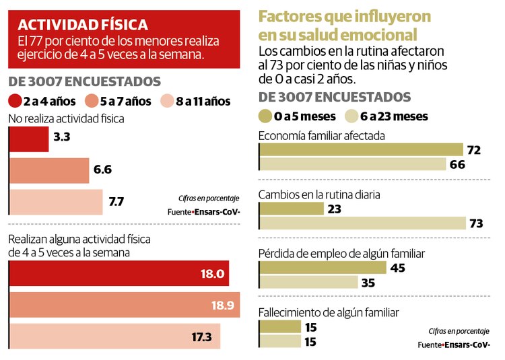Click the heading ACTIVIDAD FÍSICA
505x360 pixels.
[84, 25]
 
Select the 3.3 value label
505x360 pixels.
[61, 137]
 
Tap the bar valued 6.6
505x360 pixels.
[48, 170]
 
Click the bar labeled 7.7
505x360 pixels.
[55, 201]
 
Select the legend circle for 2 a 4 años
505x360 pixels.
[14, 102]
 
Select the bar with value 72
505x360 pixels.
[361, 149]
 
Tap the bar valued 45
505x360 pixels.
[323, 267]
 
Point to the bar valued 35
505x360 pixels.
[308, 283]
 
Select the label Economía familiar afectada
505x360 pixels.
[322, 135]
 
